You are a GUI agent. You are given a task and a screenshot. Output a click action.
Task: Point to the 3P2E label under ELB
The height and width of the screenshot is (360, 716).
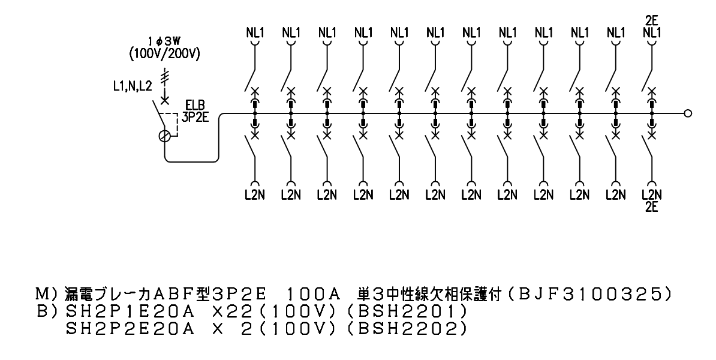click(x=195, y=118)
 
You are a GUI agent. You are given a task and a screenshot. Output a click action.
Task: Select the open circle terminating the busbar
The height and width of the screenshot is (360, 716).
click(x=688, y=113)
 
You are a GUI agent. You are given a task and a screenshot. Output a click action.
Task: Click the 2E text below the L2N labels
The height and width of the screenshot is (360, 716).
click(x=651, y=207)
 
